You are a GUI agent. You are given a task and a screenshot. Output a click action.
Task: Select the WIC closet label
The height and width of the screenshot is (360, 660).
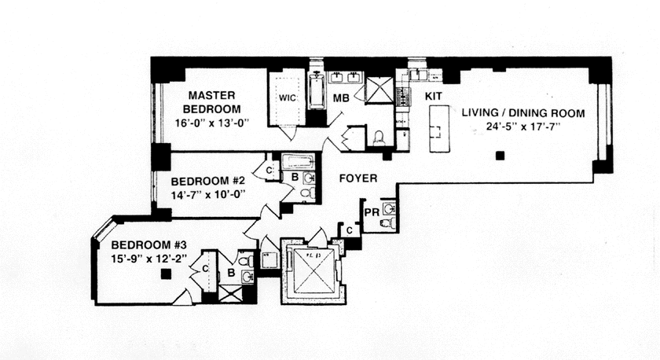tap(284, 100)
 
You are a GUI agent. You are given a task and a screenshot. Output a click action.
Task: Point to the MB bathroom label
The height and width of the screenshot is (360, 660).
tap(340, 99)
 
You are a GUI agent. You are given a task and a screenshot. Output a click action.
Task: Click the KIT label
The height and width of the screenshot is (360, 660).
tap(434, 95)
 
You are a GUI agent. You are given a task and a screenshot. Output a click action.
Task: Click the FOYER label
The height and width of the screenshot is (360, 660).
tap(357, 178)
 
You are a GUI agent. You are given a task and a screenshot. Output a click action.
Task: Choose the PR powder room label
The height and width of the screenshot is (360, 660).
tap(372, 211)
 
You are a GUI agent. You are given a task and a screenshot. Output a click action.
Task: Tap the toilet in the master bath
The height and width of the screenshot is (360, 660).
tap(379, 138)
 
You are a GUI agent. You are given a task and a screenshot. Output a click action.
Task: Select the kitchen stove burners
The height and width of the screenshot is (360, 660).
tap(402, 97)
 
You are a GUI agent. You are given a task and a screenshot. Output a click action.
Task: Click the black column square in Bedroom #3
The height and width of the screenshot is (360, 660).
tap(166, 274)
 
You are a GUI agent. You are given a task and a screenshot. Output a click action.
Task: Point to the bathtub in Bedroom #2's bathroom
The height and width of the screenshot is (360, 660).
tap(297, 161)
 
